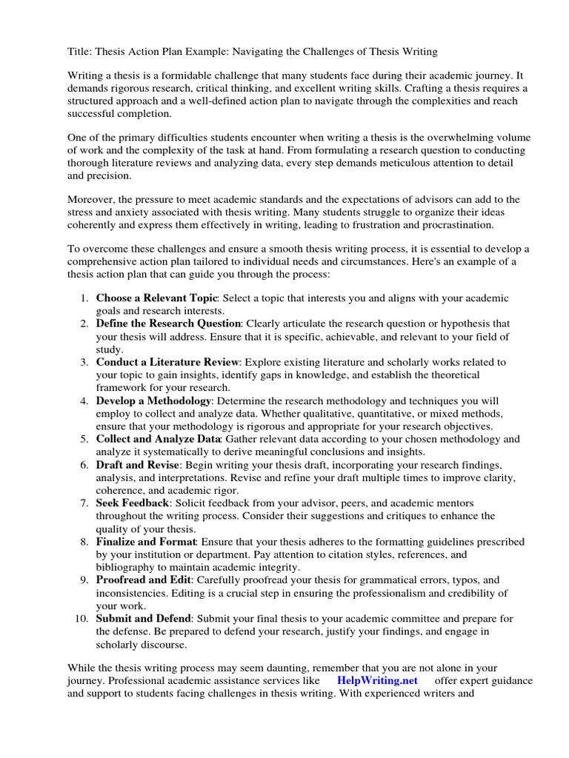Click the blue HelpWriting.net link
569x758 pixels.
point(377,681)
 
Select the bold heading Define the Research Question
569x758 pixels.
point(168,323)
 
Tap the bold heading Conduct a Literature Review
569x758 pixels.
point(167,362)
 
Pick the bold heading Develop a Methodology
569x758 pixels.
point(153,400)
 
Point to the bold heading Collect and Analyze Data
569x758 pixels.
point(158,439)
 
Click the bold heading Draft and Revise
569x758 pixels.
point(137,465)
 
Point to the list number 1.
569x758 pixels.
point(84,298)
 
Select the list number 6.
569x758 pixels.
point(84,465)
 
